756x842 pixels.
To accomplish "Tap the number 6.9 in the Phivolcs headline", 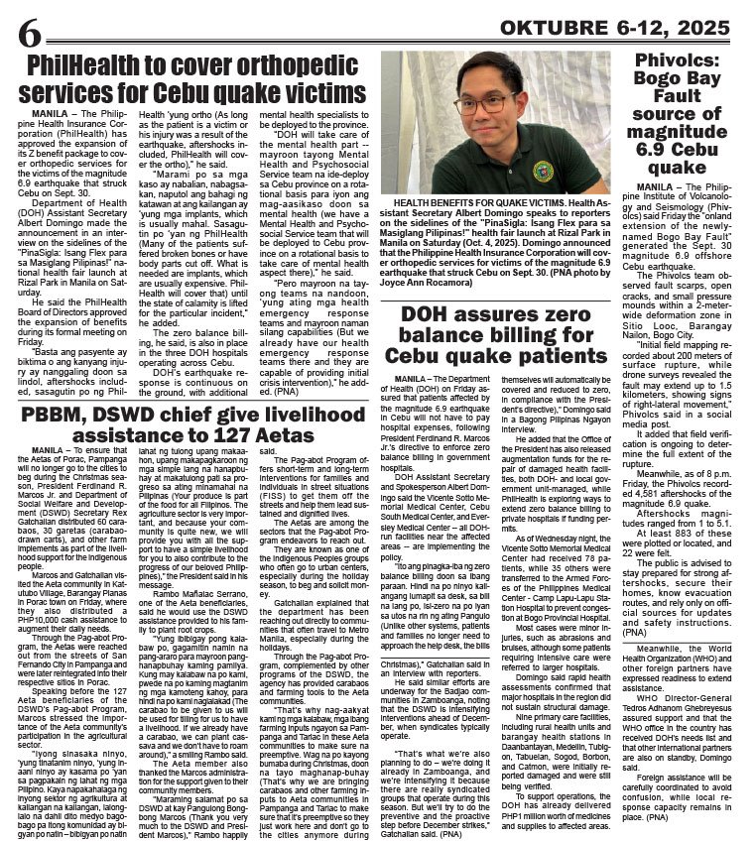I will tap(712, 147).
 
